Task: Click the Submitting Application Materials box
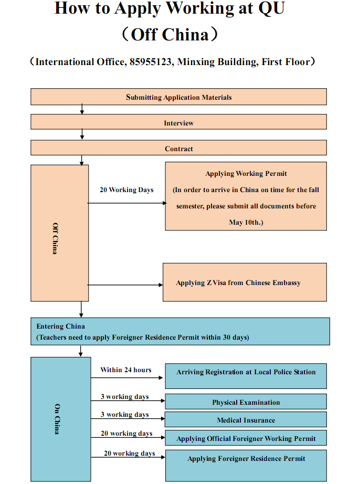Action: pyautogui.click(x=178, y=97)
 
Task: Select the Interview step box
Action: pyautogui.click(x=178, y=122)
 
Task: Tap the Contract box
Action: pyautogui.click(x=178, y=148)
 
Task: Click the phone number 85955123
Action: pyautogui.click(x=150, y=62)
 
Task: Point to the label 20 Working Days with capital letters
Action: pyautogui.click(x=126, y=190)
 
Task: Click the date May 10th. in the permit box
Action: pyautogui.click(x=246, y=222)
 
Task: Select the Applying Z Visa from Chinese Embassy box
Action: pyautogui.click(x=245, y=282)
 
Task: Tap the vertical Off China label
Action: pyautogui.click(x=55, y=238)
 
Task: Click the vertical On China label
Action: pyautogui.click(x=57, y=419)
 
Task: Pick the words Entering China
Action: pyautogui.click(x=60, y=327)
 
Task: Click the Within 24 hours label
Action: pyautogui.click(x=126, y=370)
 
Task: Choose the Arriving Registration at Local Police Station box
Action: pyautogui.click(x=246, y=376)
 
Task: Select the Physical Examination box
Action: pyautogui.click(x=246, y=402)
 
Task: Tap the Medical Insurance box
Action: pyautogui.click(x=246, y=419)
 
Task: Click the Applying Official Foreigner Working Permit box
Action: pyautogui.click(x=246, y=438)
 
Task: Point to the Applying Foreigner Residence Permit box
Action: pyautogui.click(x=246, y=466)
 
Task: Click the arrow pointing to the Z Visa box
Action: pyautogui.click(x=125, y=285)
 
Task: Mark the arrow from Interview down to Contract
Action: pyautogui.click(x=82, y=134)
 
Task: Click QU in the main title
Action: pyautogui.click(x=271, y=8)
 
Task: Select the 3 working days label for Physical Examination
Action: pyautogui.click(x=124, y=397)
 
